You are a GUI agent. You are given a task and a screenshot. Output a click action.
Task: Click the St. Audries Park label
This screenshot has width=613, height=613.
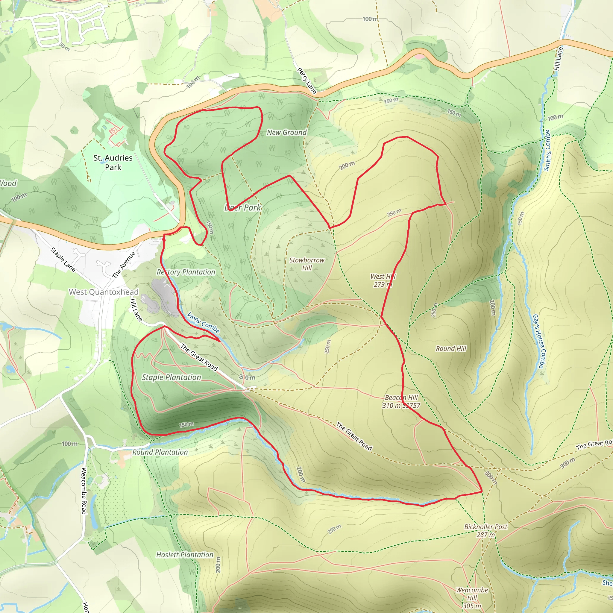(113, 163)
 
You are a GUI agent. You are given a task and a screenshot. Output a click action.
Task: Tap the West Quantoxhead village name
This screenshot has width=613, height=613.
(104, 292)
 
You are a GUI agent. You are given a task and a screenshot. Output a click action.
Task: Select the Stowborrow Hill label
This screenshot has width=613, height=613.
(307, 264)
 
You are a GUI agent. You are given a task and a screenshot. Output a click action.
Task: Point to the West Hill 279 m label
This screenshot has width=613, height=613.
(383, 280)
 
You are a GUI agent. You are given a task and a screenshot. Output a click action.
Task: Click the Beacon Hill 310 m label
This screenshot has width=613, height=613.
(401, 401)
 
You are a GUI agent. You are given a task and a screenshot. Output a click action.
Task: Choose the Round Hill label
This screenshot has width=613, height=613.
(451, 349)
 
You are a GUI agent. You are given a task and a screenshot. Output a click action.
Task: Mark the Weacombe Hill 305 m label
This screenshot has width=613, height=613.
(472, 598)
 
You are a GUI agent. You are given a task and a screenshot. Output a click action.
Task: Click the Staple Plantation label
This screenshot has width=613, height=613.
(171, 377)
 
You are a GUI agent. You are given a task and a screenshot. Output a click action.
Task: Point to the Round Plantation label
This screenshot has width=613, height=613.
(160, 452)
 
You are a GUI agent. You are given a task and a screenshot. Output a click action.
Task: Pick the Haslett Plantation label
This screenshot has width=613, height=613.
(185, 555)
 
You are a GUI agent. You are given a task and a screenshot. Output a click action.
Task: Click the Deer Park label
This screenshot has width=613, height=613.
(243, 208)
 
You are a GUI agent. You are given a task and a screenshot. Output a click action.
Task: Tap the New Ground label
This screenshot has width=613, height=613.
(287, 133)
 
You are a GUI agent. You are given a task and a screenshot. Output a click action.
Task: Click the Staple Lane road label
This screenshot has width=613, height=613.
(63, 260)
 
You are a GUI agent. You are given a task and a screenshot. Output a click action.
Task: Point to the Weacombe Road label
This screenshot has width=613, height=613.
(84, 491)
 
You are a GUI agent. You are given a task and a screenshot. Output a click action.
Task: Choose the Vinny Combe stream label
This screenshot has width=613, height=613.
(203, 323)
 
